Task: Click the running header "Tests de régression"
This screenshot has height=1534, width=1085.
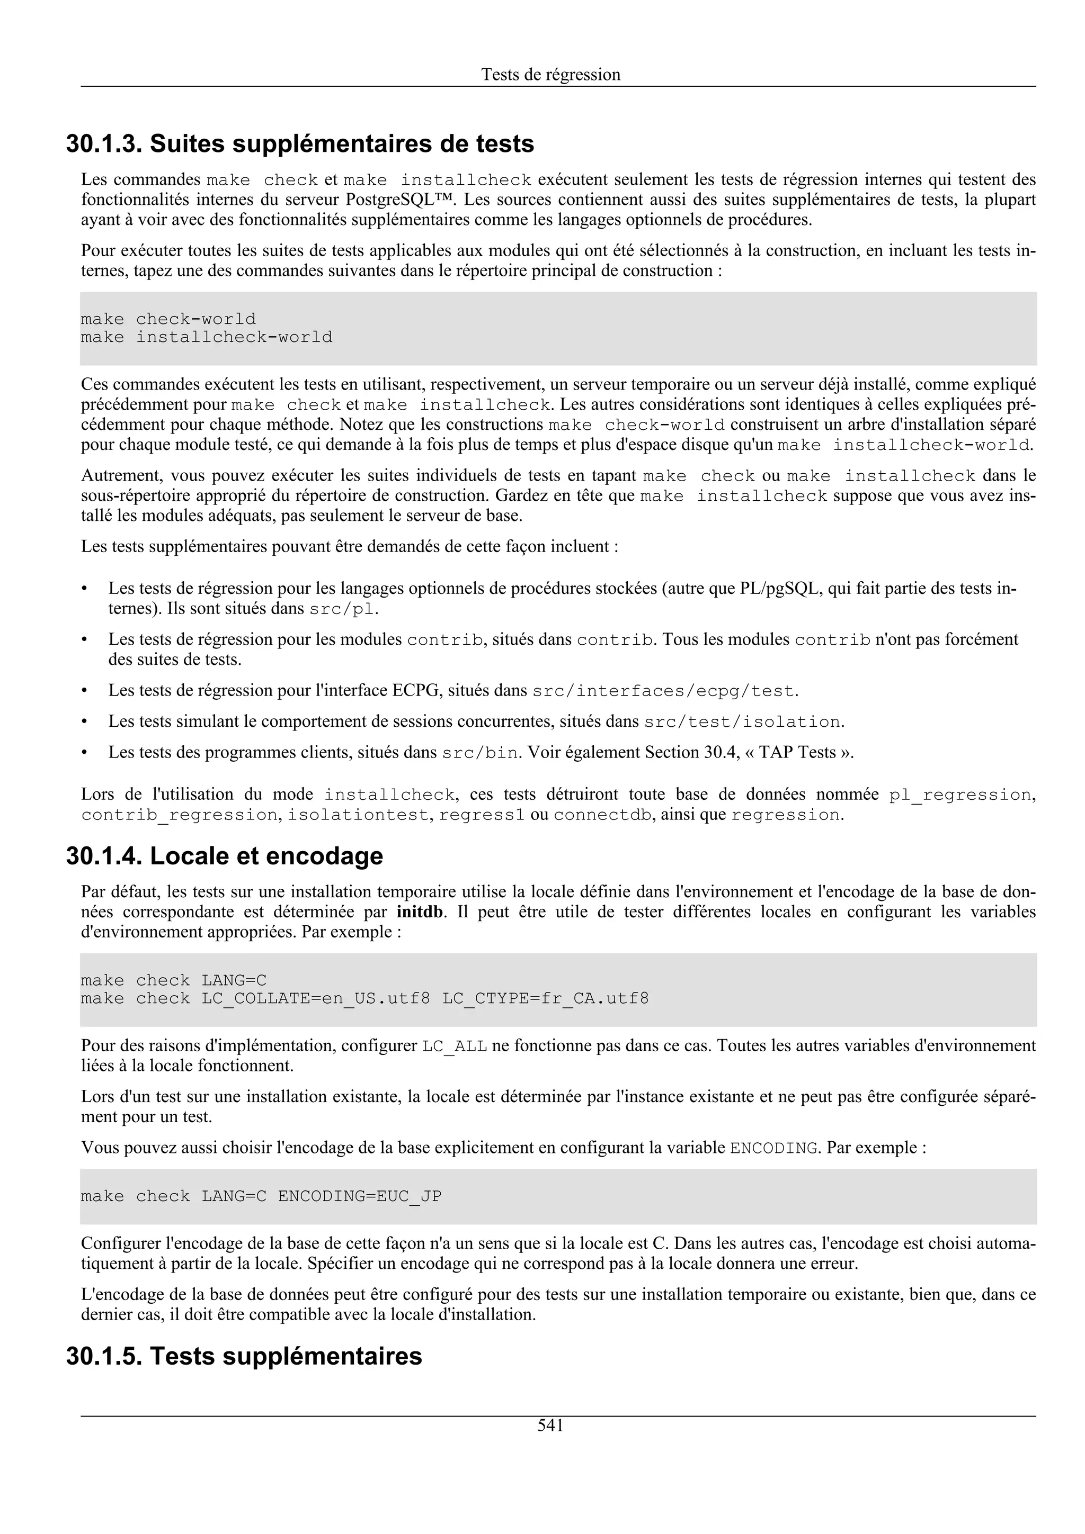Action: (550, 74)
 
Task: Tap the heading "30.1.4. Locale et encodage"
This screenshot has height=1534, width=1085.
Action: (225, 856)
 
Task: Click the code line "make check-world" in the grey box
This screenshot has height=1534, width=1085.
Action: (168, 319)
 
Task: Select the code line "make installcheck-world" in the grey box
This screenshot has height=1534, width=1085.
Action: (207, 337)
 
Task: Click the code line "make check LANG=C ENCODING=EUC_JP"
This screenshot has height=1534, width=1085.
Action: (261, 1196)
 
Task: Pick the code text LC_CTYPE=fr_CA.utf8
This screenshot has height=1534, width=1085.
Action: (546, 999)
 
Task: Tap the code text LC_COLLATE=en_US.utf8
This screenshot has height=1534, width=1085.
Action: (316, 999)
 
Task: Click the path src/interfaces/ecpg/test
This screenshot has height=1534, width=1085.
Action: (664, 691)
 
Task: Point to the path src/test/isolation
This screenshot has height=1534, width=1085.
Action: (741, 722)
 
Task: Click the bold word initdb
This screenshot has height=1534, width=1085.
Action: (419, 912)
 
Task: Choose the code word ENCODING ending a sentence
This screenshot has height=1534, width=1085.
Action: (773, 1149)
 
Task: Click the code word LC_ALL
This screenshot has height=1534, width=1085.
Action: (455, 1046)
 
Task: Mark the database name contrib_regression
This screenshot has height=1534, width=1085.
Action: (179, 815)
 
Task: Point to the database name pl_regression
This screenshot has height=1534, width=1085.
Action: (959, 795)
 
